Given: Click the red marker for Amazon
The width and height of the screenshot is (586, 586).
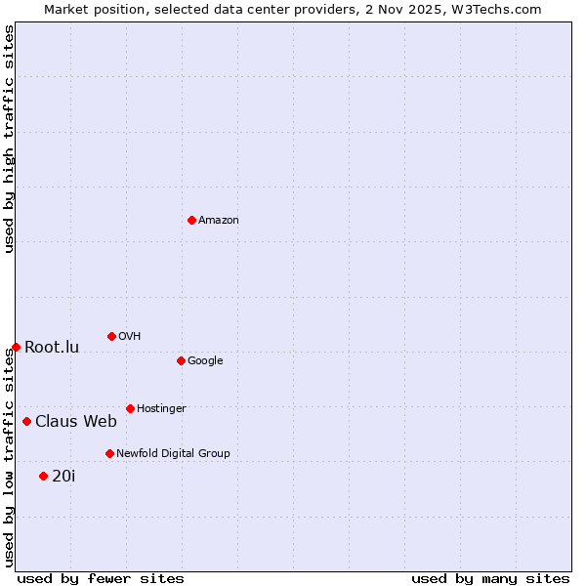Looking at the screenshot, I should (x=191, y=220).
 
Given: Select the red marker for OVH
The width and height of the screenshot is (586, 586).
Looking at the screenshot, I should (x=111, y=336).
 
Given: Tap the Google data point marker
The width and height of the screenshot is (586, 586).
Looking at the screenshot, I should (x=181, y=360).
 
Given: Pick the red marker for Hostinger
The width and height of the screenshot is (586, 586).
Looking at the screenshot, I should (x=130, y=408).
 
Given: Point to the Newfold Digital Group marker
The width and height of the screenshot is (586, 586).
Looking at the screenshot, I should (x=109, y=453).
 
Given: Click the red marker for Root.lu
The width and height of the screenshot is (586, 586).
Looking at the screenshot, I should (x=16, y=347).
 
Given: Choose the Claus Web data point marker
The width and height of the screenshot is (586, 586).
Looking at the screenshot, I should (x=26, y=421).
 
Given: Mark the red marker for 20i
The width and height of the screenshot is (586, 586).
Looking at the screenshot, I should (x=43, y=476).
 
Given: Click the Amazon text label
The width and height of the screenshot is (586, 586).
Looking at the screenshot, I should (x=219, y=221).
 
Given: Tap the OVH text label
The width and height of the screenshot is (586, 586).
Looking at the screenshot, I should (x=130, y=337).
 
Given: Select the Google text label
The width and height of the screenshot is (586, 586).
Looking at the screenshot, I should (x=205, y=361).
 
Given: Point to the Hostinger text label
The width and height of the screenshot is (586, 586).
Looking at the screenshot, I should (x=161, y=409).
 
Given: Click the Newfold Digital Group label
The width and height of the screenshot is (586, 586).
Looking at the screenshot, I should (x=173, y=454).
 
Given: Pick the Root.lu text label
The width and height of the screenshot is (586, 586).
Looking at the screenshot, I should (x=52, y=348).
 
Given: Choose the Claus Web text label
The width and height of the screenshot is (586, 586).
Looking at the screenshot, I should (x=76, y=422).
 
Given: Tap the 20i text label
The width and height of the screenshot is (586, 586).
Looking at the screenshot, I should (x=63, y=477).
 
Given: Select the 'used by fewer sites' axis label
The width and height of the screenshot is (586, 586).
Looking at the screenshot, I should (x=101, y=578).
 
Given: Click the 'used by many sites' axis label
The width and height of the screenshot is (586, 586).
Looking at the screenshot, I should (x=490, y=578).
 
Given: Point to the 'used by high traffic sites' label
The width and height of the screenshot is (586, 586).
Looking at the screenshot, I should (x=9, y=139).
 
